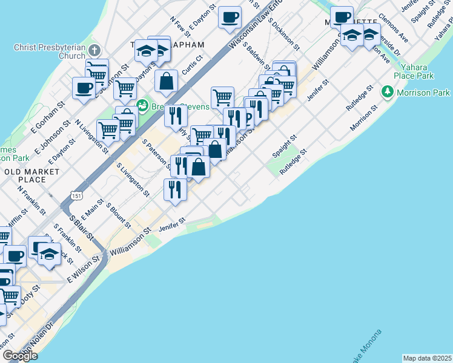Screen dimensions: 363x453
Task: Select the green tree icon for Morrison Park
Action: [x=388, y=93]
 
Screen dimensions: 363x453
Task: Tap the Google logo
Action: [x=20, y=356]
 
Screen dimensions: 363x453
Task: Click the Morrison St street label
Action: [x=363, y=117]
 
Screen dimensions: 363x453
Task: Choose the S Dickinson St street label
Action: [x=283, y=34]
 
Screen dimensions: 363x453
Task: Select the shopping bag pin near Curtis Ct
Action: [x=166, y=81]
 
